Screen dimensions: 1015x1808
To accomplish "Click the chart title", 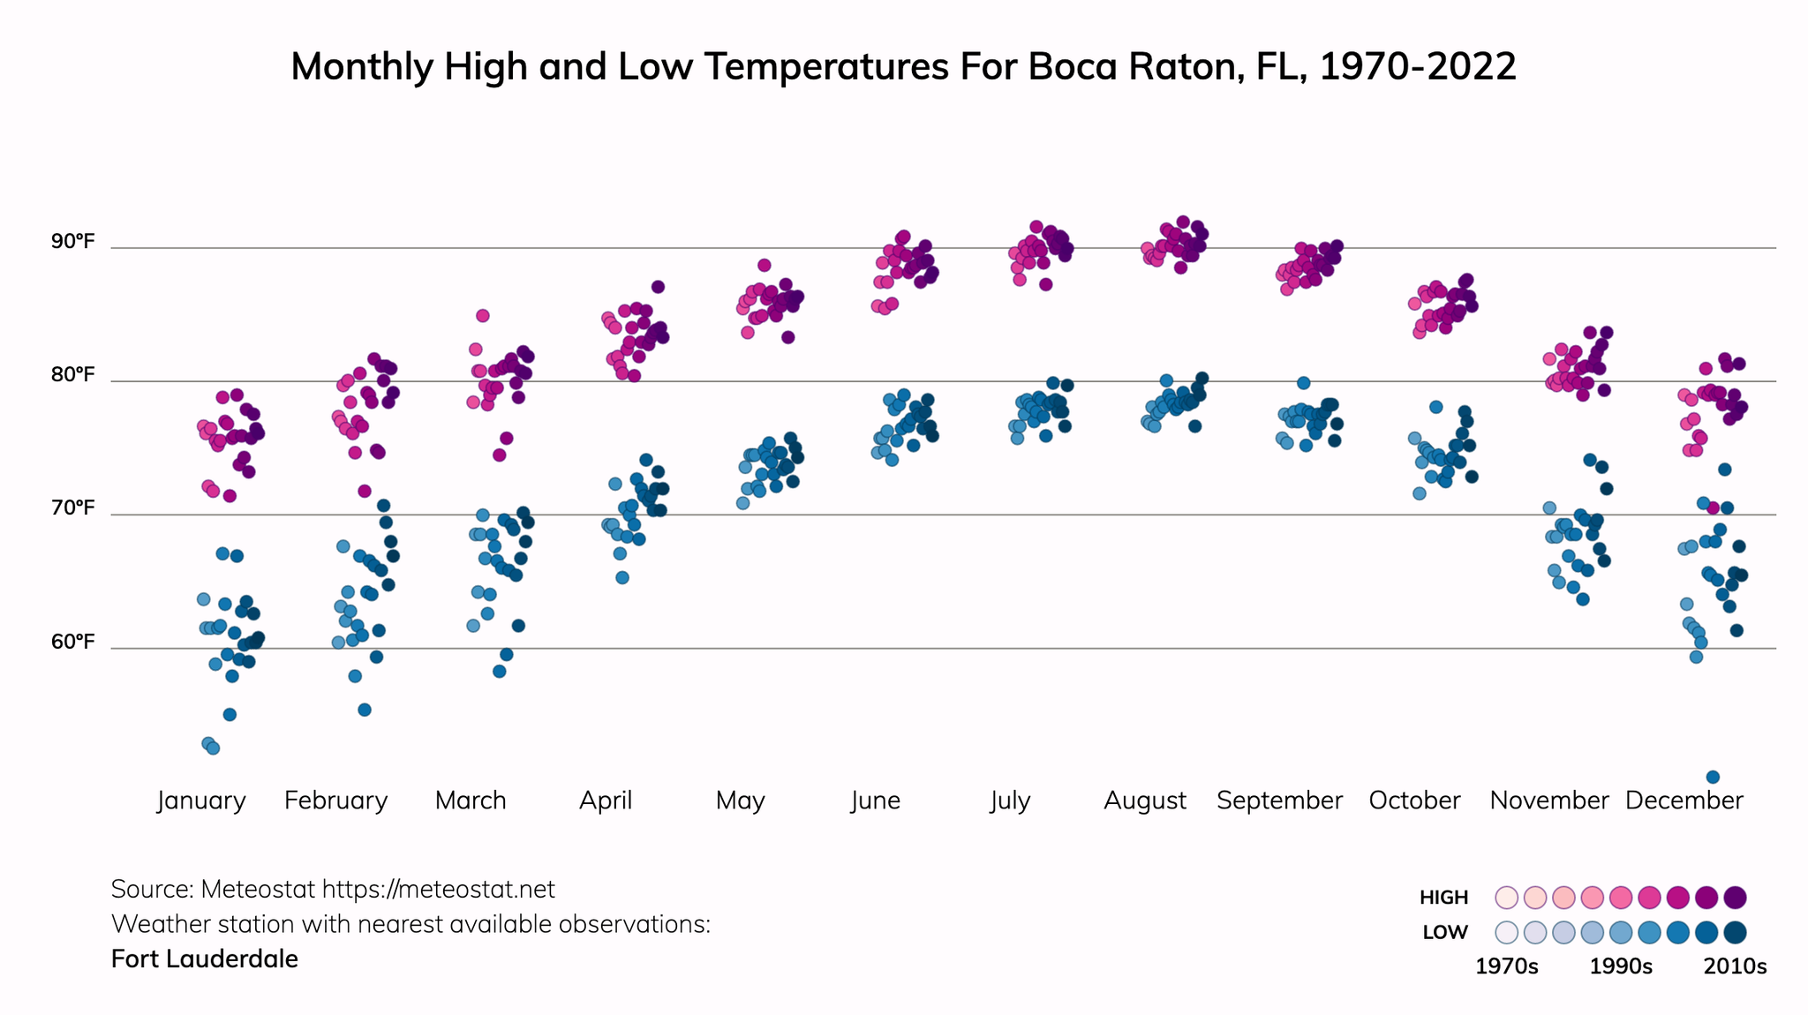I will [x=903, y=67].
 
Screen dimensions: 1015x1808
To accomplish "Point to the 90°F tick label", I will [x=72, y=241].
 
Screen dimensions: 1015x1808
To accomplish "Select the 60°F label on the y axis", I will [x=72, y=642].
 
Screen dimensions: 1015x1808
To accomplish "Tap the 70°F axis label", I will [x=72, y=508].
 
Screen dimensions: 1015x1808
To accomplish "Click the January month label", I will [x=201, y=801].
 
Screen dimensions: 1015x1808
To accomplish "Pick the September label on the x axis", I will [x=1279, y=801].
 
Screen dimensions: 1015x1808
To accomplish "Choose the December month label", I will [x=1684, y=801].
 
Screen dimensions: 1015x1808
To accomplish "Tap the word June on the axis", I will [x=875, y=801].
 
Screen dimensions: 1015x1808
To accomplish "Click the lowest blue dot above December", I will [x=1713, y=777].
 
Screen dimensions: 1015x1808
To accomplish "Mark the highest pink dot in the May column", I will [x=765, y=265].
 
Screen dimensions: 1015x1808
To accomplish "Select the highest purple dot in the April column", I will [x=658, y=287].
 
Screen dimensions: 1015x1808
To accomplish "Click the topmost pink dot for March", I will [x=483, y=315].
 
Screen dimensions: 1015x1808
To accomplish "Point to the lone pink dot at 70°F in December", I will [x=1713, y=508].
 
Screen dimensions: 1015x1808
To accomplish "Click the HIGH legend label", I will [x=1443, y=898].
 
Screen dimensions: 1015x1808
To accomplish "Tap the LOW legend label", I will [x=1445, y=933].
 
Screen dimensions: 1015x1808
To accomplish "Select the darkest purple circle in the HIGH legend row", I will [x=1735, y=898].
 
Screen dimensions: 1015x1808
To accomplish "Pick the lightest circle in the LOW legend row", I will [x=1506, y=932].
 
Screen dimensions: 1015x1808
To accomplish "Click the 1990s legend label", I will [x=1621, y=966].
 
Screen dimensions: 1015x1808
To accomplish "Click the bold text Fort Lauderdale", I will [x=205, y=959].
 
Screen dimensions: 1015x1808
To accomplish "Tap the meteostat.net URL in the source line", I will [x=438, y=889].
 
